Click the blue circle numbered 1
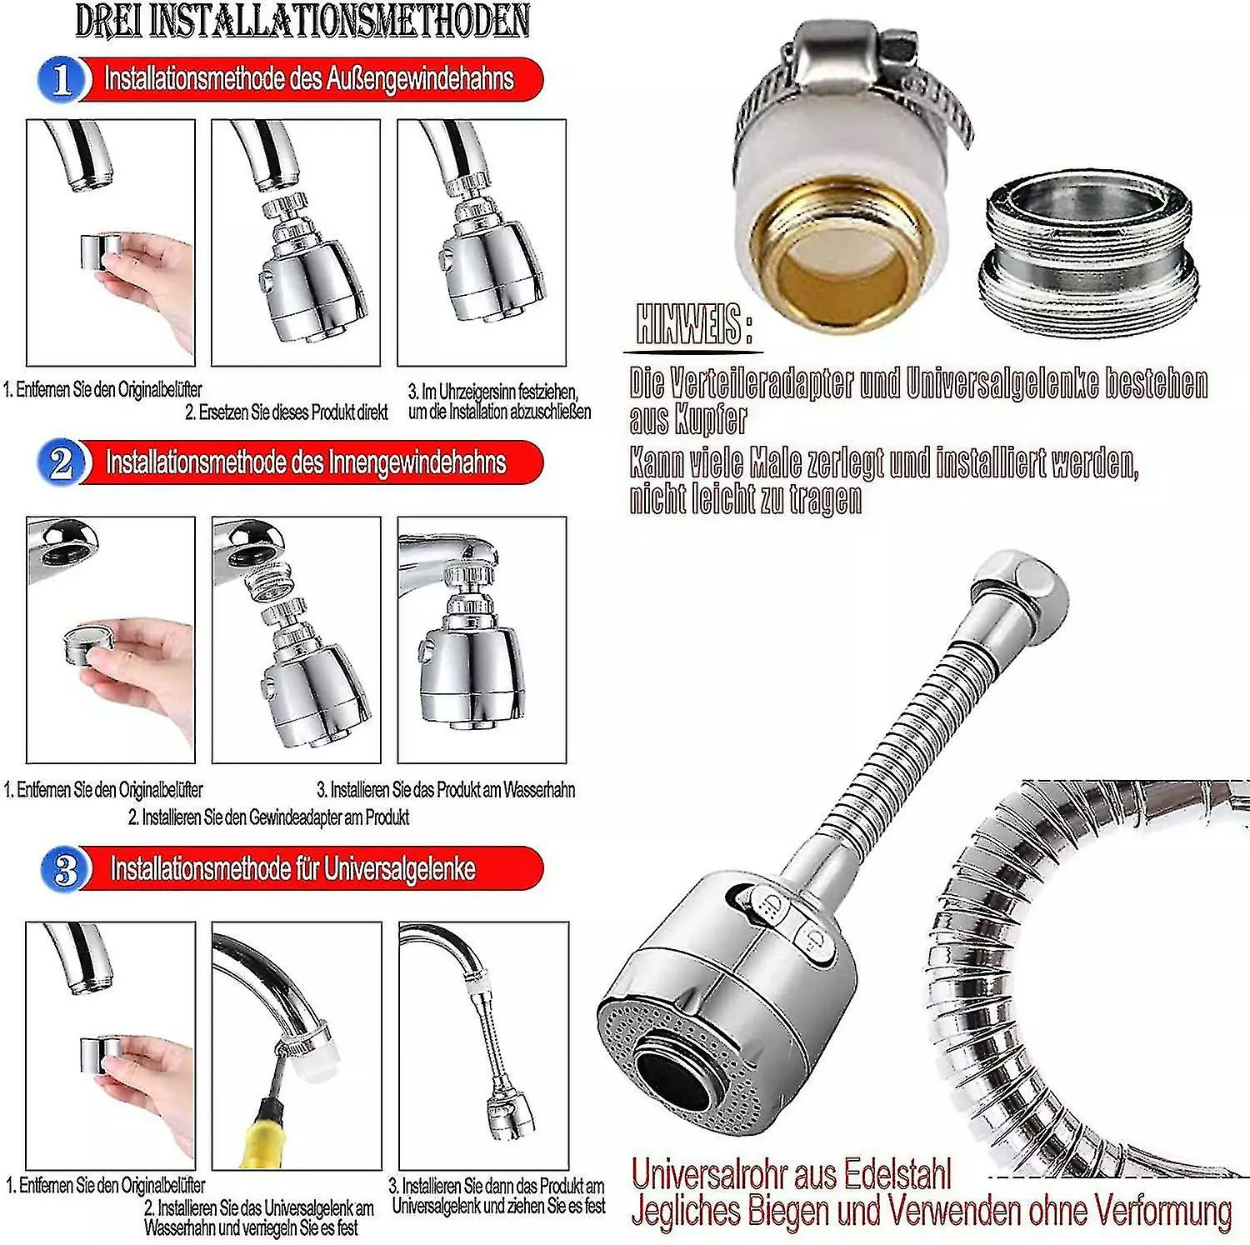61,80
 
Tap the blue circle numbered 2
61,463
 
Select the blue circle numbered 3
64,870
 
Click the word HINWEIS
688,323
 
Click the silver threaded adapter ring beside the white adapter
1088,253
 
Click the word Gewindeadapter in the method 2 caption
295,817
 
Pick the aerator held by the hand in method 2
88,642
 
